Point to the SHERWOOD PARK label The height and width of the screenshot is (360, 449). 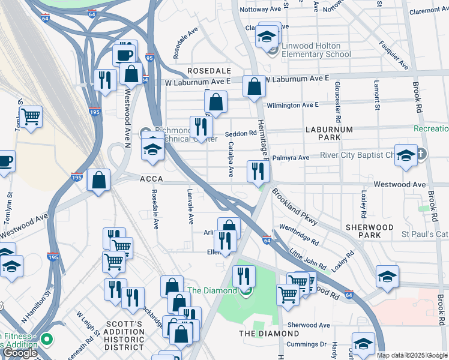coord(370,232)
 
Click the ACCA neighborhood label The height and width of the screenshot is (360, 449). coord(152,179)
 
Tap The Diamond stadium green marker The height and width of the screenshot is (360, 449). coord(245,292)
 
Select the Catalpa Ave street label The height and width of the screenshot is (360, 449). coord(231,159)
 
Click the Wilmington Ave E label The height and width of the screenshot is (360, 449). coord(292,105)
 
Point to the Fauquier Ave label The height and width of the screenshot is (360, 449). coord(394,55)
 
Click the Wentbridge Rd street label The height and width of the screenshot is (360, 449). coord(298,235)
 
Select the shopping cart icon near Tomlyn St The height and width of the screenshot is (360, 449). coord(31,116)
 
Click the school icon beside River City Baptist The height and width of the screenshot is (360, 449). coord(406,155)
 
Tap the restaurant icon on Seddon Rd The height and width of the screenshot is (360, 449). coord(201,126)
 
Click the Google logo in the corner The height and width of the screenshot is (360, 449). coord(19,353)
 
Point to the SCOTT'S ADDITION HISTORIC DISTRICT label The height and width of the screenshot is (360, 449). coord(124,336)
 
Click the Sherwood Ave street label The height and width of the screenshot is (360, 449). coord(309,325)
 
